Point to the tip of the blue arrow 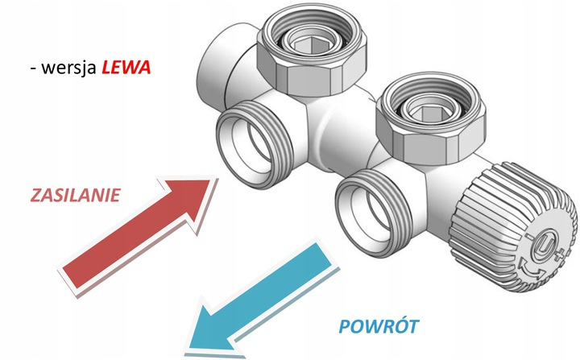pos(192,336)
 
